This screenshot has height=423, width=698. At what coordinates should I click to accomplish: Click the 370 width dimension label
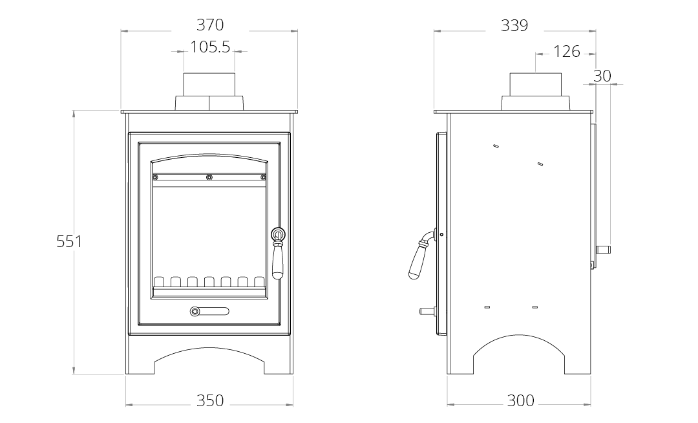[x=210, y=25]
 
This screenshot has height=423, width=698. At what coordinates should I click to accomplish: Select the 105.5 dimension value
[x=210, y=47]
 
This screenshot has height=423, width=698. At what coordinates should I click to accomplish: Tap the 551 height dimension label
[x=69, y=241]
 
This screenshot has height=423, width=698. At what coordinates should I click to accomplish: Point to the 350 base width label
[x=210, y=401]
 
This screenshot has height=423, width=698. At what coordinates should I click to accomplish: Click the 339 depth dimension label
[x=514, y=25]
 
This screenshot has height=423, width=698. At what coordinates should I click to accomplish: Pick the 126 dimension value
[x=567, y=52]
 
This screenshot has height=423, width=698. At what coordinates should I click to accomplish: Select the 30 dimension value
[x=602, y=76]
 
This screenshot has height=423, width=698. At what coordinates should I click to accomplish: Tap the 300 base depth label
[x=520, y=401]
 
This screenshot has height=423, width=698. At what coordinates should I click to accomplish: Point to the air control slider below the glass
[x=209, y=311]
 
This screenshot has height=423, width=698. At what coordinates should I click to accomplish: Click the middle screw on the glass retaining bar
[x=209, y=177]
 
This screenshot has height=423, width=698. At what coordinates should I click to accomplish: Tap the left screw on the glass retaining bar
[x=155, y=177]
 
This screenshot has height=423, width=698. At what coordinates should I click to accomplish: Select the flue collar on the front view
[x=209, y=91]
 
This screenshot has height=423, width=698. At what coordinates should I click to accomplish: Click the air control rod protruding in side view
[x=428, y=311]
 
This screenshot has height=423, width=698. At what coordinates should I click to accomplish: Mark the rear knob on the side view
[x=603, y=250]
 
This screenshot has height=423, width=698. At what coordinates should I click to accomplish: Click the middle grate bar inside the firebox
[x=209, y=282]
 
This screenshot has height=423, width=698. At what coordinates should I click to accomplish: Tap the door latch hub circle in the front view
[x=278, y=233]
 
